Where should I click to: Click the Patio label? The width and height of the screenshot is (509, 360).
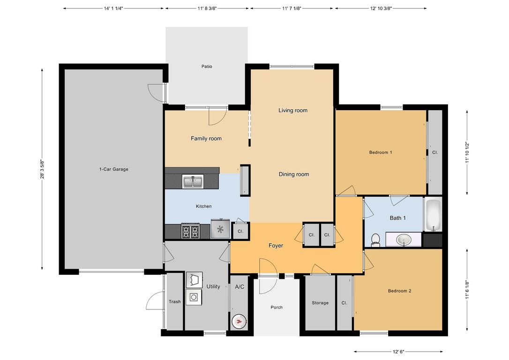[207, 67]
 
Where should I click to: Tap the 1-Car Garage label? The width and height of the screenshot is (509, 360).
[113, 169]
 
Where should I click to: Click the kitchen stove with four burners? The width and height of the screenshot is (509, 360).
[191, 231]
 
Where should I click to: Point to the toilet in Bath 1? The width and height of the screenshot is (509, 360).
[375, 240]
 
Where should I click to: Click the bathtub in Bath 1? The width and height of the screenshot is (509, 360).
[433, 215]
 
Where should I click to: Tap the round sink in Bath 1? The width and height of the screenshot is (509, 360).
[404, 240]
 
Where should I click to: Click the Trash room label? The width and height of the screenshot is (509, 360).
[174, 302]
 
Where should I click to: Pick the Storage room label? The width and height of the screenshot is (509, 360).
[320, 303]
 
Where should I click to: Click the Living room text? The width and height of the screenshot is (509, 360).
[293, 111]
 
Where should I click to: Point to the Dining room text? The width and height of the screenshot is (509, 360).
[294, 174]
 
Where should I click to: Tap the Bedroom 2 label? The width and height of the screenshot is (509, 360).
[399, 291]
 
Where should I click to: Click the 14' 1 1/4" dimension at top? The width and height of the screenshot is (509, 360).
[113, 8]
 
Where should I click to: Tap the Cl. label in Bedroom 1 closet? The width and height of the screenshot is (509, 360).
[435, 152]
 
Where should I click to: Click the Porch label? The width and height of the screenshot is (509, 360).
[277, 307]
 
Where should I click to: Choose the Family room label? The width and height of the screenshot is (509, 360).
[206, 139]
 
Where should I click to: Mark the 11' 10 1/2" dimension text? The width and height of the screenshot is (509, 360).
[467, 152]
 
